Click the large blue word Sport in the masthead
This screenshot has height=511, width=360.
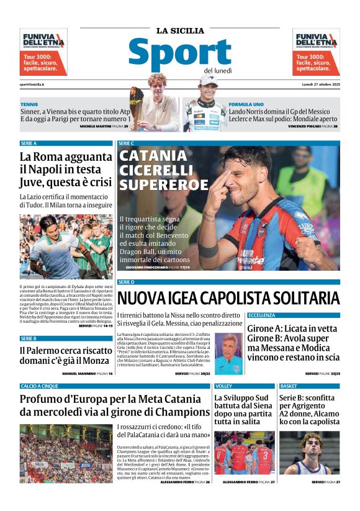[179, 54]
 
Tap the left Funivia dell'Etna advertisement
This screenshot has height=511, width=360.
[43, 52]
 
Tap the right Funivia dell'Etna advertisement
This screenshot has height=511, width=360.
[316, 52]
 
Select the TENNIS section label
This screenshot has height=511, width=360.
[29, 104]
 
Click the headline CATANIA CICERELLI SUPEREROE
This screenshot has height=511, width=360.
[164, 170]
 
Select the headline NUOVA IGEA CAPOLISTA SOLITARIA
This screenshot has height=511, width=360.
[228, 297]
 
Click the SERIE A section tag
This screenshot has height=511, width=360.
[29, 143]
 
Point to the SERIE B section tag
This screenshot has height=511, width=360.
[29, 338]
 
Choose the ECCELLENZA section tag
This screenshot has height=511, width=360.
[261, 315]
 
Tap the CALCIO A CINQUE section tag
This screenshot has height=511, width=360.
[40, 386]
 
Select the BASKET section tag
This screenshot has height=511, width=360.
[289, 386]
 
